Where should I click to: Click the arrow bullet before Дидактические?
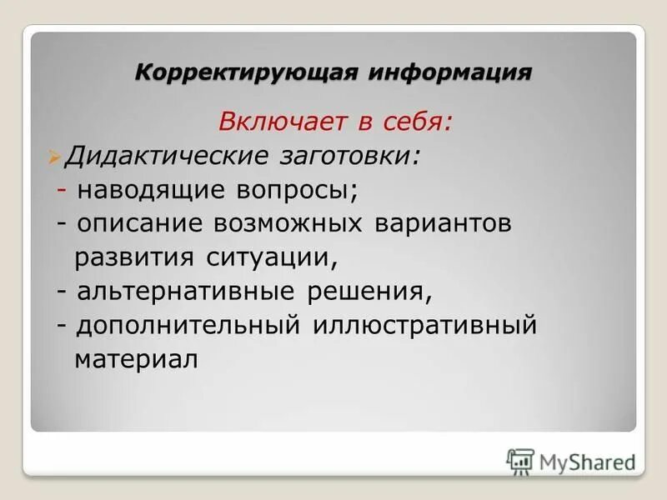coord(55,156)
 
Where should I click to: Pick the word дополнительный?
coord(188,324)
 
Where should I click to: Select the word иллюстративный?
coord(424,324)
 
